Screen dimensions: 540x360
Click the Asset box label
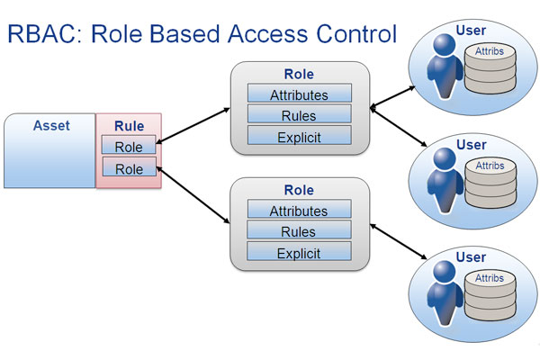51,125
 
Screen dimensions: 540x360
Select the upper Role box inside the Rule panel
129,144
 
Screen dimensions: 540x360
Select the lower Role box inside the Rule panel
129,166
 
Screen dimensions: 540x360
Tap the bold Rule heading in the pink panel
129,126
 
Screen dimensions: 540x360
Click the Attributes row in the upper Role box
300,93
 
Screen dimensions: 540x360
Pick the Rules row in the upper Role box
300,114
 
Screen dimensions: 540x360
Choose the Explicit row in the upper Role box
300,135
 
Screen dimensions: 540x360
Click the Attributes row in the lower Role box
299,209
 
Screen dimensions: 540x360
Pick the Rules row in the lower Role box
299,229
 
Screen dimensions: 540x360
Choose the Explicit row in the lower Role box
299,251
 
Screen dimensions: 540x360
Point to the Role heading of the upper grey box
299,74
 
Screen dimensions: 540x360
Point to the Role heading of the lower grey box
299,190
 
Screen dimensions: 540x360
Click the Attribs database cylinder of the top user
490,69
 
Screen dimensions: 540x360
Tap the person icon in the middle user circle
445,180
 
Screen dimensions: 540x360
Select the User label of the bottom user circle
471,257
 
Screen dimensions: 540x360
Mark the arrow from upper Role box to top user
392,97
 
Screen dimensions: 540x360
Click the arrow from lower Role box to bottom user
399,241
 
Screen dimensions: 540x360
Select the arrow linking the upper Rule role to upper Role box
193,125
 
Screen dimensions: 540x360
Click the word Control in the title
356,34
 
